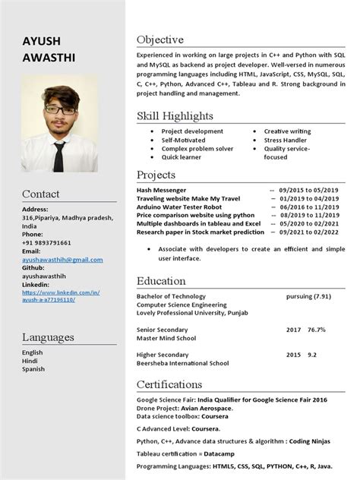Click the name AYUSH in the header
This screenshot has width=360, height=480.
pos(42,40)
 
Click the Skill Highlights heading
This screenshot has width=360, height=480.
pos(175,116)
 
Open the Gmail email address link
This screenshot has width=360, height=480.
pos(62,259)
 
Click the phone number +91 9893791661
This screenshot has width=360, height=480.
pos(46,242)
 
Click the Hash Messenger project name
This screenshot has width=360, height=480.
pos(161,190)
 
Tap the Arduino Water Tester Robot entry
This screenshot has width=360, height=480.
pos(179,207)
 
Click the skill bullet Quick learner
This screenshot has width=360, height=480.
pos(182,157)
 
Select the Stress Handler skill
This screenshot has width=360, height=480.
pos(285,140)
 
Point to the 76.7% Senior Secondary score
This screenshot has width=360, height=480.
pos(317,330)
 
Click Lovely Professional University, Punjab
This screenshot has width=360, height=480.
pos(191,312)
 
